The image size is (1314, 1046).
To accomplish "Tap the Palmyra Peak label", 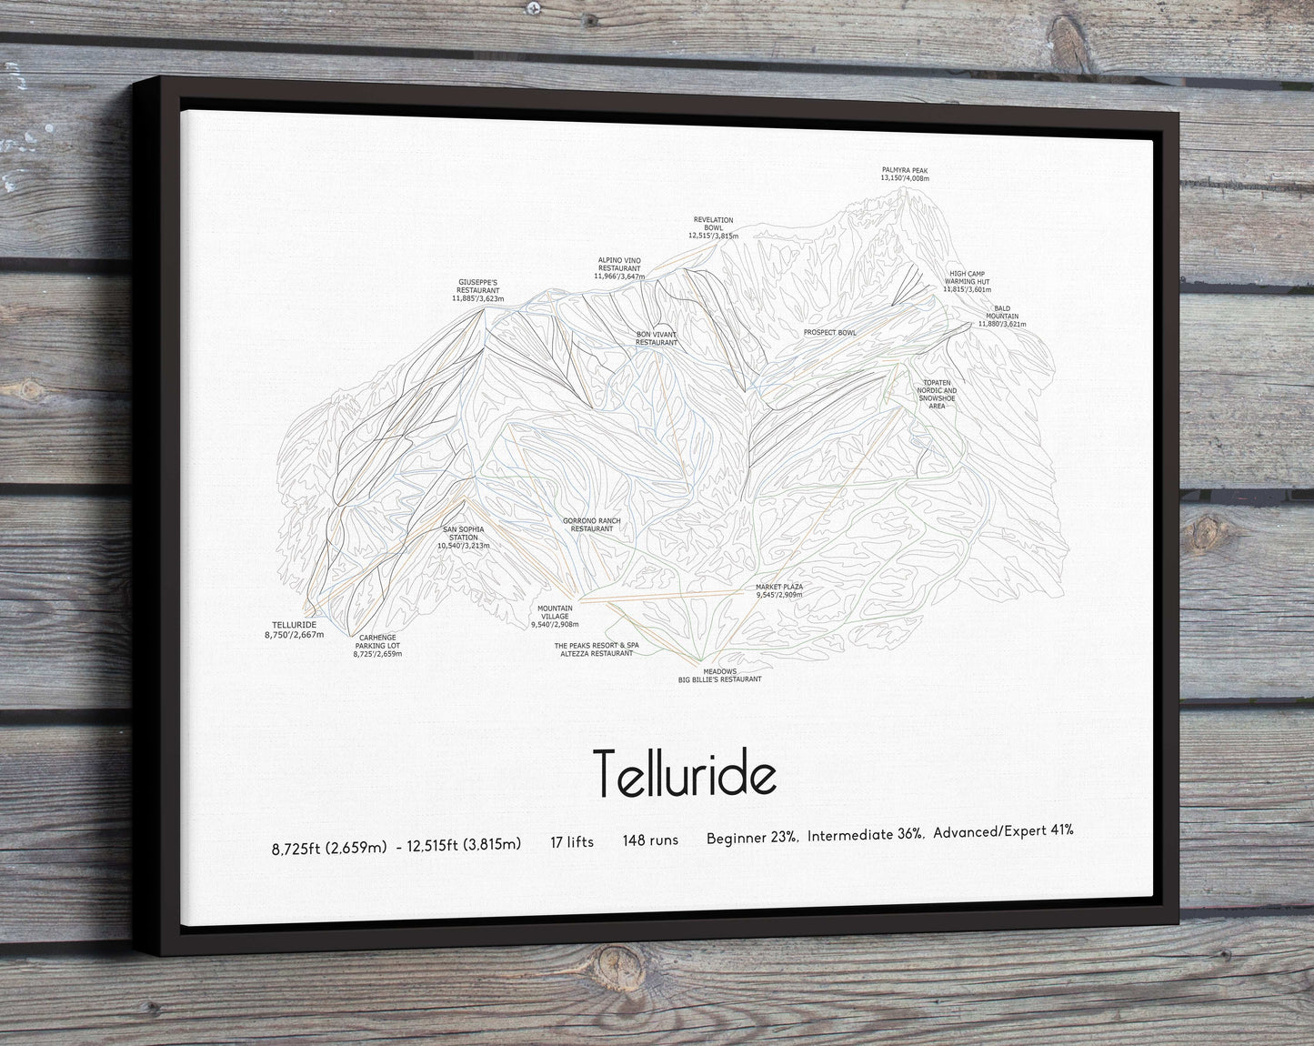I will [x=904, y=174].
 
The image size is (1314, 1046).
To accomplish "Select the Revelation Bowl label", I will [x=713, y=227].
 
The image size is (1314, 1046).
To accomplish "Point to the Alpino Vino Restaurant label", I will [x=618, y=267].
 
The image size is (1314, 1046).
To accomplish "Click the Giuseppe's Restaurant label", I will [x=477, y=290].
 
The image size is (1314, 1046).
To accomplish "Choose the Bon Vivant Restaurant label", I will [x=657, y=338].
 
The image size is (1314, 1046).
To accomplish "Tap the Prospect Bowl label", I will [x=829, y=333].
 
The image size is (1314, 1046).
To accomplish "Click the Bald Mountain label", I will [x=1002, y=316].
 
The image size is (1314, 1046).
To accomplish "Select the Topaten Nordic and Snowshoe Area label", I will [x=937, y=394].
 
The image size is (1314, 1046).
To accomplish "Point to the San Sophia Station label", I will [x=464, y=537].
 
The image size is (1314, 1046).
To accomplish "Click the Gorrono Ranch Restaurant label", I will [x=591, y=525].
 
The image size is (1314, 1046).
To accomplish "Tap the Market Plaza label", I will [x=779, y=590].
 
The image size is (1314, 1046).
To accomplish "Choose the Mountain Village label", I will [x=555, y=617].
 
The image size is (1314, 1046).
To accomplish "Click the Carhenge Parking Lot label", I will [x=377, y=646].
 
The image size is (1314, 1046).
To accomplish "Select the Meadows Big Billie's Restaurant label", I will [x=719, y=675].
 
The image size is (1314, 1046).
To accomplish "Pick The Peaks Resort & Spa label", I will [x=597, y=646].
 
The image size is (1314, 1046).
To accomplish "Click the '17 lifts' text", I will [x=571, y=842].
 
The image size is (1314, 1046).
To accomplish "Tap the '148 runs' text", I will [x=650, y=840].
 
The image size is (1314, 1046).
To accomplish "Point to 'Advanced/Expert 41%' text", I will [x=1003, y=830].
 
